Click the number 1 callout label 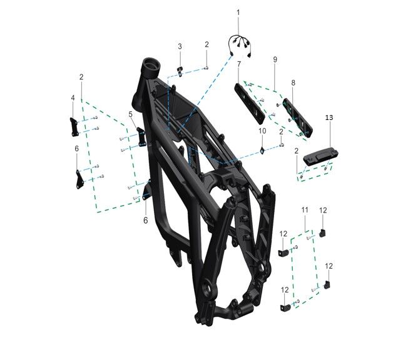click(238, 12)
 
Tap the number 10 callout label click(263, 131)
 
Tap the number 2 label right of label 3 click(207, 44)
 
